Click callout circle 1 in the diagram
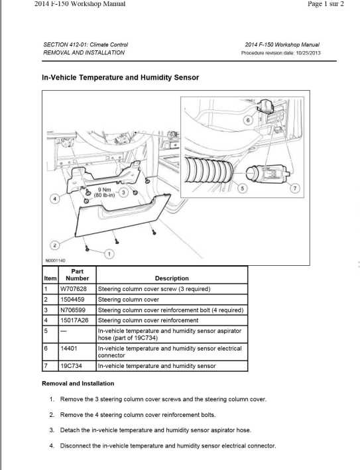click(109, 253)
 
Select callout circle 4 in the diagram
click(56, 198)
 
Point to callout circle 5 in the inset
click(241, 188)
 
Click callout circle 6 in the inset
click(247, 121)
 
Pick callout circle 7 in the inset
click(295, 188)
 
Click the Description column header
click(172, 278)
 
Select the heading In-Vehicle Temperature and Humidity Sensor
click(120, 78)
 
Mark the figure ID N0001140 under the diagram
click(55, 261)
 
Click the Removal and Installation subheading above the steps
click(78, 383)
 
